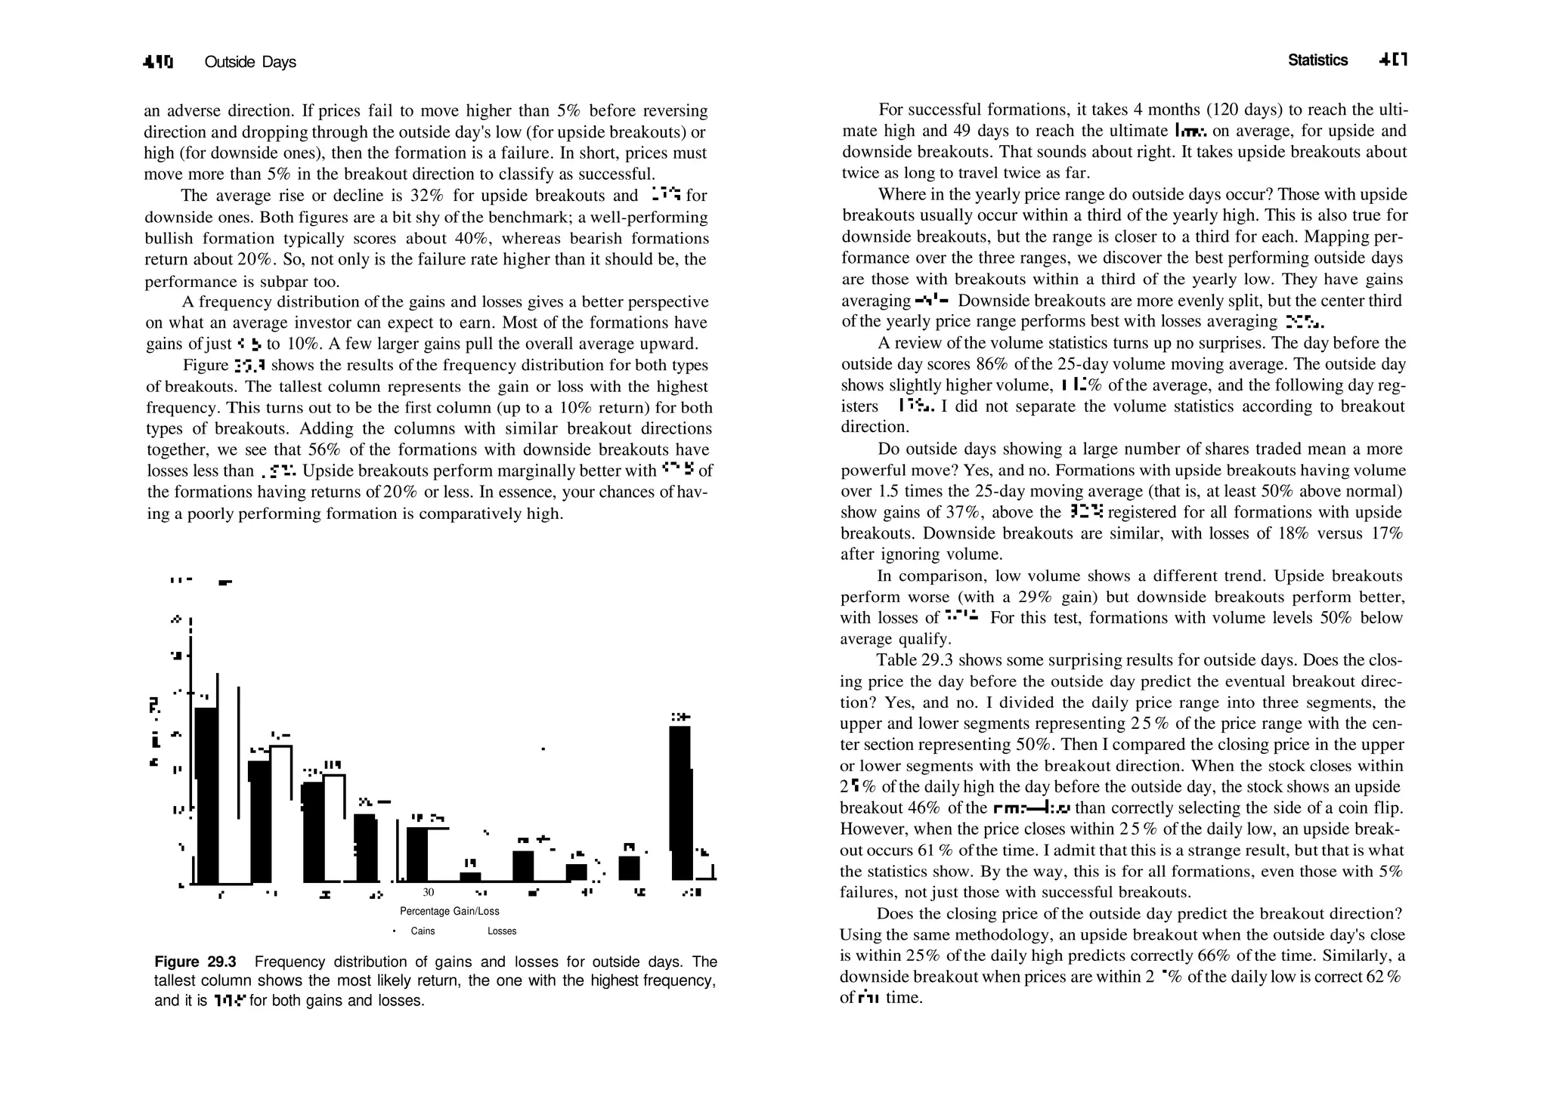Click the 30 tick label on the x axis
[x=428, y=892]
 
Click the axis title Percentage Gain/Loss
[x=449, y=911]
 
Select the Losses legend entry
[x=502, y=931]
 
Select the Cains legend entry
[x=423, y=931]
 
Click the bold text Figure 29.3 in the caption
[x=195, y=962]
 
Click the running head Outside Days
[x=250, y=62]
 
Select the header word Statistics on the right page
[x=1317, y=60]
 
